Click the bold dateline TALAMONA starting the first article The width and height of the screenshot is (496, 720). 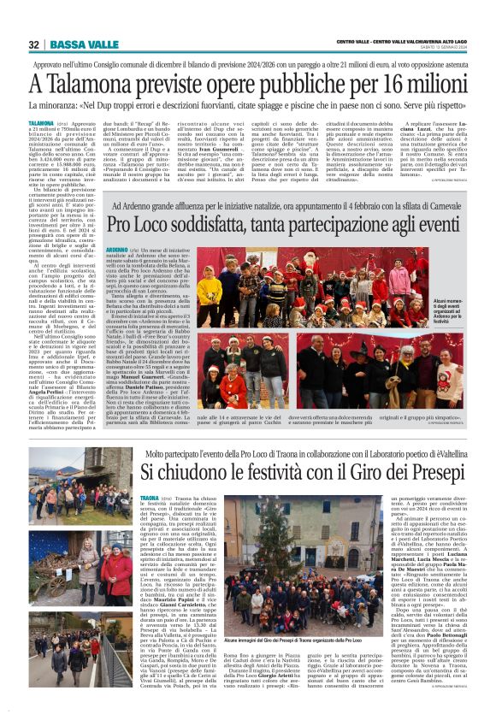(41, 124)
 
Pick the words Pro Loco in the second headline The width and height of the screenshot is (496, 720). (138, 224)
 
